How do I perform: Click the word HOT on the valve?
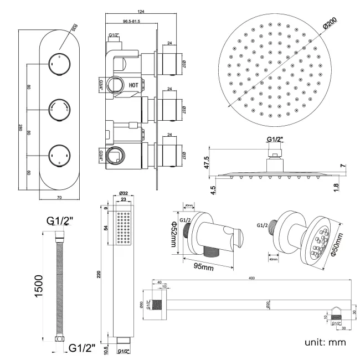[x=133, y=85]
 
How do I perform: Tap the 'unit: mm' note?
[x=325, y=343]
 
